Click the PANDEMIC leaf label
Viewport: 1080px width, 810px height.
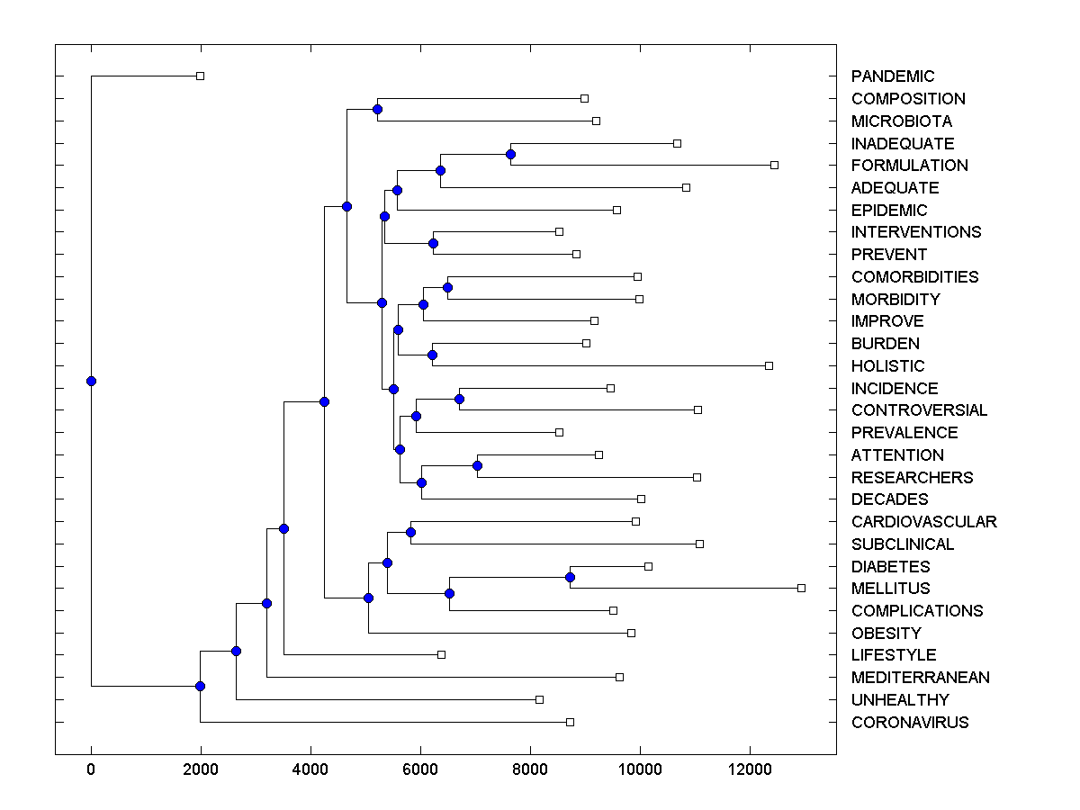coord(893,76)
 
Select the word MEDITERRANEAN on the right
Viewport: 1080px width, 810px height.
coord(920,678)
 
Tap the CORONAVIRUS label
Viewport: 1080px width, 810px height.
coord(910,723)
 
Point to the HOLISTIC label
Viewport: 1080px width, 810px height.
coord(887,366)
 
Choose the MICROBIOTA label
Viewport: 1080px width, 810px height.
coord(901,121)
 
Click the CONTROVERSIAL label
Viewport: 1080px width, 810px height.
coord(919,410)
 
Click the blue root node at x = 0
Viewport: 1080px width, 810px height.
coord(91,381)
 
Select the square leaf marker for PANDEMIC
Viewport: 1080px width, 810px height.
coord(200,76)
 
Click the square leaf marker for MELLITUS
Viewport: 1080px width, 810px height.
coord(801,588)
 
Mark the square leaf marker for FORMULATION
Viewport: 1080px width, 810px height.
coord(774,165)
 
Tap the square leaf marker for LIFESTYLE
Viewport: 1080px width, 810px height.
coord(441,654)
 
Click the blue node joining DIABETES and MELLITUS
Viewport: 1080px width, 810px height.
coord(570,577)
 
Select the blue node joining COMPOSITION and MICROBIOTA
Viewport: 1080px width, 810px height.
coord(377,109)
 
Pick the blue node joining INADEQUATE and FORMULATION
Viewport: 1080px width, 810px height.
coord(510,154)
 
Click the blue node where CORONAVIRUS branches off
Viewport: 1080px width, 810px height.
coord(200,686)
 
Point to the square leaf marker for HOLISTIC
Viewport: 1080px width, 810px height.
coord(769,365)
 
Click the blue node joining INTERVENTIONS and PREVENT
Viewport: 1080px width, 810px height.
coord(433,243)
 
